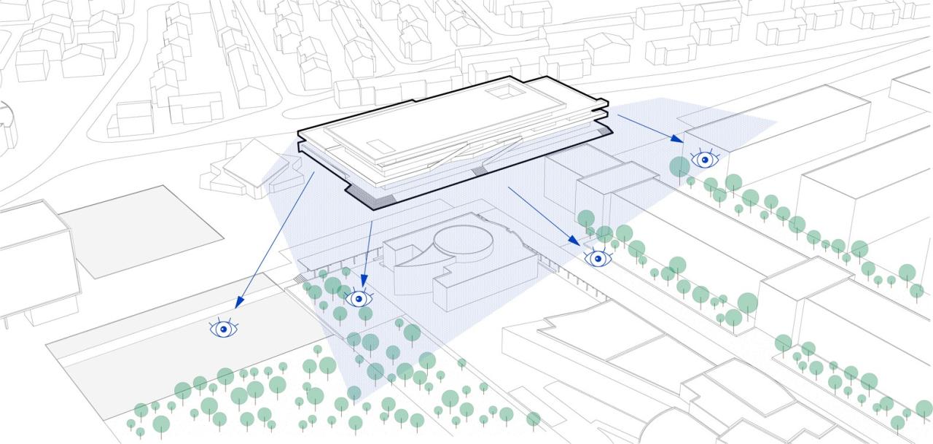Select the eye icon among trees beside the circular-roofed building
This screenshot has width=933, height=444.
(358, 298)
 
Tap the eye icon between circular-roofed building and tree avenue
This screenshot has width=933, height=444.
(598, 257)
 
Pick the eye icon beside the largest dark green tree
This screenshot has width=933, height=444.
(704, 158)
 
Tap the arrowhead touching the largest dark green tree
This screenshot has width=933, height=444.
(679, 139)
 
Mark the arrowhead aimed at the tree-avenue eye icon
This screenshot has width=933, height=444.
(576, 241)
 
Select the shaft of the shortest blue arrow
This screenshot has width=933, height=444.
(369, 248)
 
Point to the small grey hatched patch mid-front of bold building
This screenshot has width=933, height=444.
(478, 171)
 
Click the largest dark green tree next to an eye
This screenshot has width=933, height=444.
(679, 166)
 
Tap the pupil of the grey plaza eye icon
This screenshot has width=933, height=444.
(225, 330)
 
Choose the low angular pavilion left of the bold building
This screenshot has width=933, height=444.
(248, 170)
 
